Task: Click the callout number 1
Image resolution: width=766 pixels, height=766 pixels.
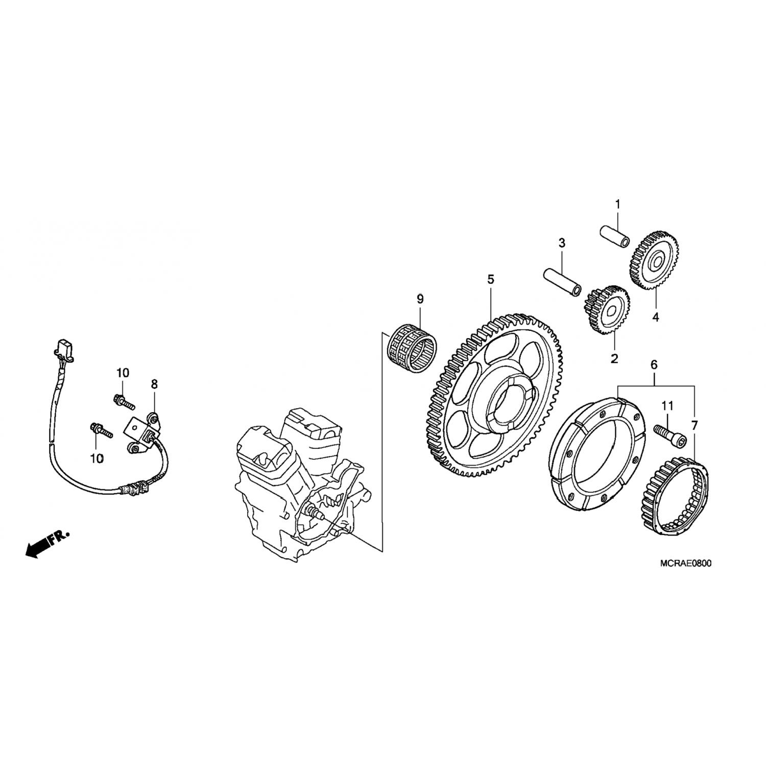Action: point(617,205)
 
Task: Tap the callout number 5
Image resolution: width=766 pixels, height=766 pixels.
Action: point(491,279)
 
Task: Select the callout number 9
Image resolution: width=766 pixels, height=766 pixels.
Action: point(420,299)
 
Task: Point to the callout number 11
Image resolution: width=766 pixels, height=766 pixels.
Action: point(667,406)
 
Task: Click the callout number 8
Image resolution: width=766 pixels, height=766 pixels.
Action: point(154,384)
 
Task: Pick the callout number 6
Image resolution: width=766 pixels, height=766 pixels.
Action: point(654,365)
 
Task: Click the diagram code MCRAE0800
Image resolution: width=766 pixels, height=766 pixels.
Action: point(685,564)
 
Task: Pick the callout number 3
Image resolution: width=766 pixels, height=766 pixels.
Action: point(562,243)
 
